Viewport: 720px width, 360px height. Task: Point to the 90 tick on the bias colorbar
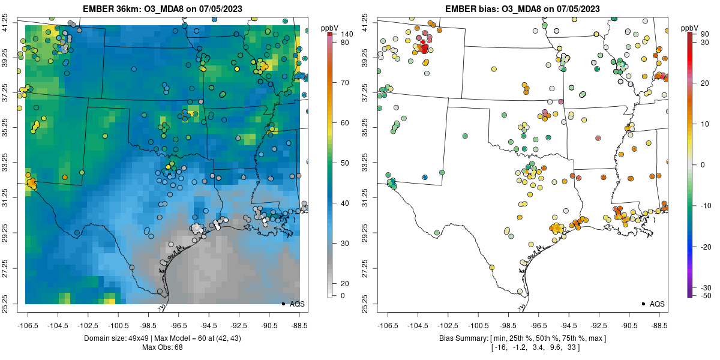tap(704, 34)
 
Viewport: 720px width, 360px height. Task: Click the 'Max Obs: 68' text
tap(162, 347)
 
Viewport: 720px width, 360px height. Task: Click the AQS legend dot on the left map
tap(283, 304)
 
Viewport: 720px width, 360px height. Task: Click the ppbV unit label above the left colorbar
tap(329, 28)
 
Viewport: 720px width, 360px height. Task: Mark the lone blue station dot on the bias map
tap(425, 178)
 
